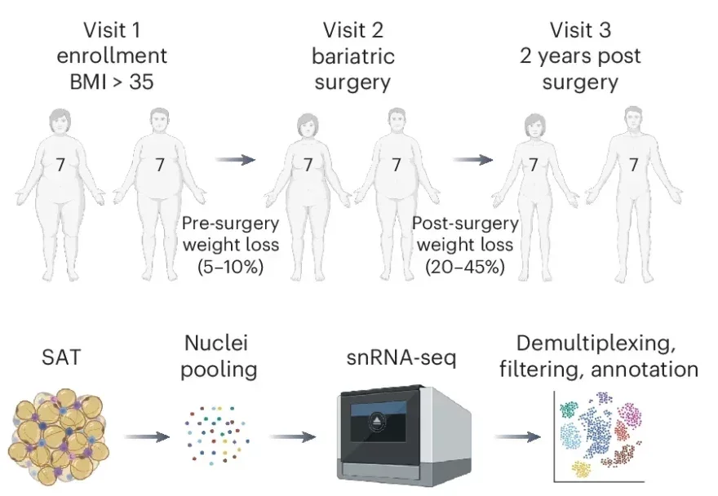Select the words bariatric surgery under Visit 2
352,70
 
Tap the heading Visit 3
580,32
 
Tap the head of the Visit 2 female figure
308,124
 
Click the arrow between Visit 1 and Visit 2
236,160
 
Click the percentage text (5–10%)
230,267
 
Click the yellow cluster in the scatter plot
581,468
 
